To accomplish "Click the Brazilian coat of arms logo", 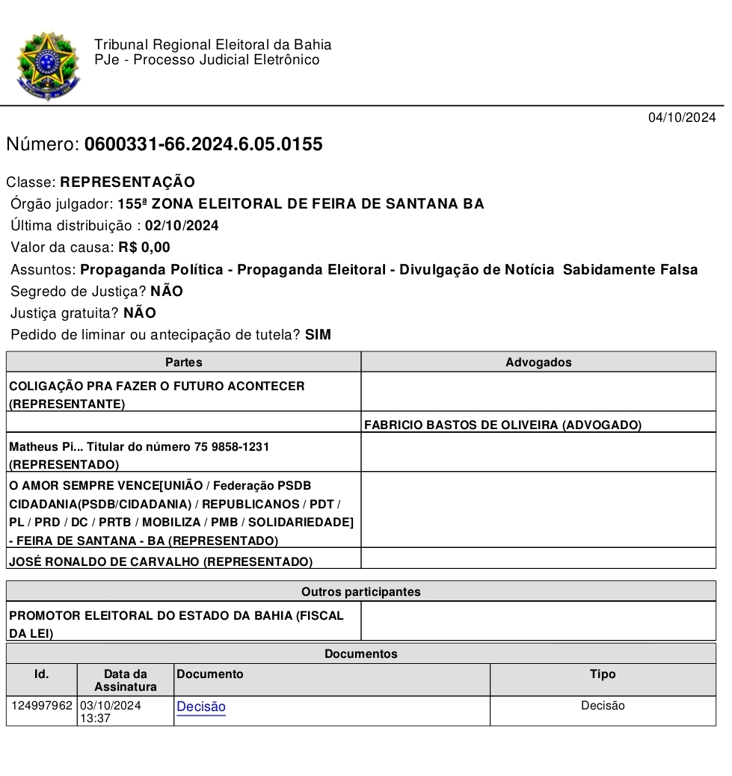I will pyautogui.click(x=47, y=66).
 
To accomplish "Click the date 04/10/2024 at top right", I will pyautogui.click(x=681, y=117).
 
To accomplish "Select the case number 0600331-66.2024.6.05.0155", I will pyautogui.click(x=203, y=144).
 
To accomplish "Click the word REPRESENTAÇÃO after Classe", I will pyautogui.click(x=127, y=182).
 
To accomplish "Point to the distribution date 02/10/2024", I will pyautogui.click(x=182, y=226).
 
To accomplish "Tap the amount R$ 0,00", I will pyautogui.click(x=144, y=247).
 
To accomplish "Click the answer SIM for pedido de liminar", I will pyautogui.click(x=318, y=335).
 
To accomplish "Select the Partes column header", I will pyautogui.click(x=183, y=363).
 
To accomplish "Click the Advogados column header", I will pyautogui.click(x=538, y=363).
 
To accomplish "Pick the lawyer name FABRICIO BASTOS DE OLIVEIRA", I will pyautogui.click(x=461, y=425).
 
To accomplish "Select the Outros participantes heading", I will pyautogui.click(x=360, y=592).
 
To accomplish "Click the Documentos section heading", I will pyautogui.click(x=360, y=654).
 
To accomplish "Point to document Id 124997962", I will pyautogui.click(x=42, y=705).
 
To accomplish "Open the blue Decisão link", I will pyautogui.click(x=201, y=706).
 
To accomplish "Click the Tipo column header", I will pyautogui.click(x=603, y=674).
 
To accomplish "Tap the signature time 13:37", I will pyautogui.click(x=94, y=718).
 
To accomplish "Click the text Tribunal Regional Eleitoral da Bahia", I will pyautogui.click(x=213, y=45).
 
